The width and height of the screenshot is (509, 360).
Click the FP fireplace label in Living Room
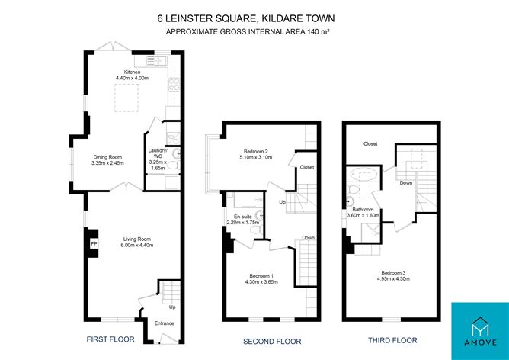tap(94, 243)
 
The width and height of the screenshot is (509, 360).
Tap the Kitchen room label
tap(132, 72)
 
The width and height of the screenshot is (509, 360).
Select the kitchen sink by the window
tap(156, 61)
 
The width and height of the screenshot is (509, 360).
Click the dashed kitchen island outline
tap(126, 98)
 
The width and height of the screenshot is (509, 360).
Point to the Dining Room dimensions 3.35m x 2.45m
tap(107, 163)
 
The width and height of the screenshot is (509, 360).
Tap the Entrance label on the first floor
tap(165, 323)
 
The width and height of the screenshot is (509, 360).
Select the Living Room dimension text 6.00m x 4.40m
tap(137, 245)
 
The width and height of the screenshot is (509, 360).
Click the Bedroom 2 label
tap(256, 152)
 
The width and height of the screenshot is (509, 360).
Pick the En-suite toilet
tap(257, 230)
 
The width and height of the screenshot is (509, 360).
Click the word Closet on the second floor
tap(307, 167)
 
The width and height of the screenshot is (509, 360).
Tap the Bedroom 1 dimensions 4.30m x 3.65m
tap(261, 282)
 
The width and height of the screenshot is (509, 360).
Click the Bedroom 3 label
tap(393, 273)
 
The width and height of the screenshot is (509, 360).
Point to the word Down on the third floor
tap(406, 183)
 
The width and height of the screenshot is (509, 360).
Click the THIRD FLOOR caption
tap(392, 340)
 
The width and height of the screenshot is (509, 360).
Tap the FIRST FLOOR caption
tap(110, 339)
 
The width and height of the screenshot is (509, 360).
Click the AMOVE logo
tap(480, 332)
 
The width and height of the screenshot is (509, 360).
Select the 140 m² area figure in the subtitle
tap(319, 31)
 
